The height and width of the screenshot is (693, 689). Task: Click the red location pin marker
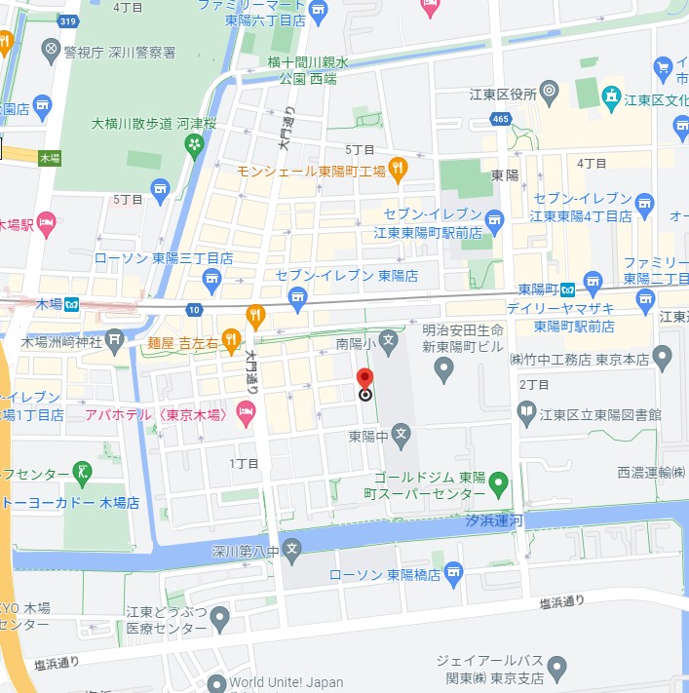pyautogui.click(x=365, y=382)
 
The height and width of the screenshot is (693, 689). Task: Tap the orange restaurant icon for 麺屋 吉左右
pyautogui.click(x=230, y=339)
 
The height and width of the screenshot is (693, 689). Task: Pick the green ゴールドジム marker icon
pyautogui.click(x=498, y=481)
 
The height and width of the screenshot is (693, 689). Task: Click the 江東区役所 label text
pyautogui.click(x=502, y=95)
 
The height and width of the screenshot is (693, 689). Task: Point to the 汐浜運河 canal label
pyautogui.click(x=492, y=521)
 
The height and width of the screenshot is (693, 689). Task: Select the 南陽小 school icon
pyautogui.click(x=388, y=342)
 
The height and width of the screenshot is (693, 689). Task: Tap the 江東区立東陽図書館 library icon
pyautogui.click(x=527, y=414)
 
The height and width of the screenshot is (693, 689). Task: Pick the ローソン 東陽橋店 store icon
pyautogui.click(x=453, y=575)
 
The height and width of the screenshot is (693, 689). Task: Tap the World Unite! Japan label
pyautogui.click(x=288, y=683)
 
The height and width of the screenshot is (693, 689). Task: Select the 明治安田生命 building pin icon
pyautogui.click(x=443, y=369)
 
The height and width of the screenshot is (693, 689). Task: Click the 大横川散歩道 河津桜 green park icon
pyautogui.click(x=194, y=144)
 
